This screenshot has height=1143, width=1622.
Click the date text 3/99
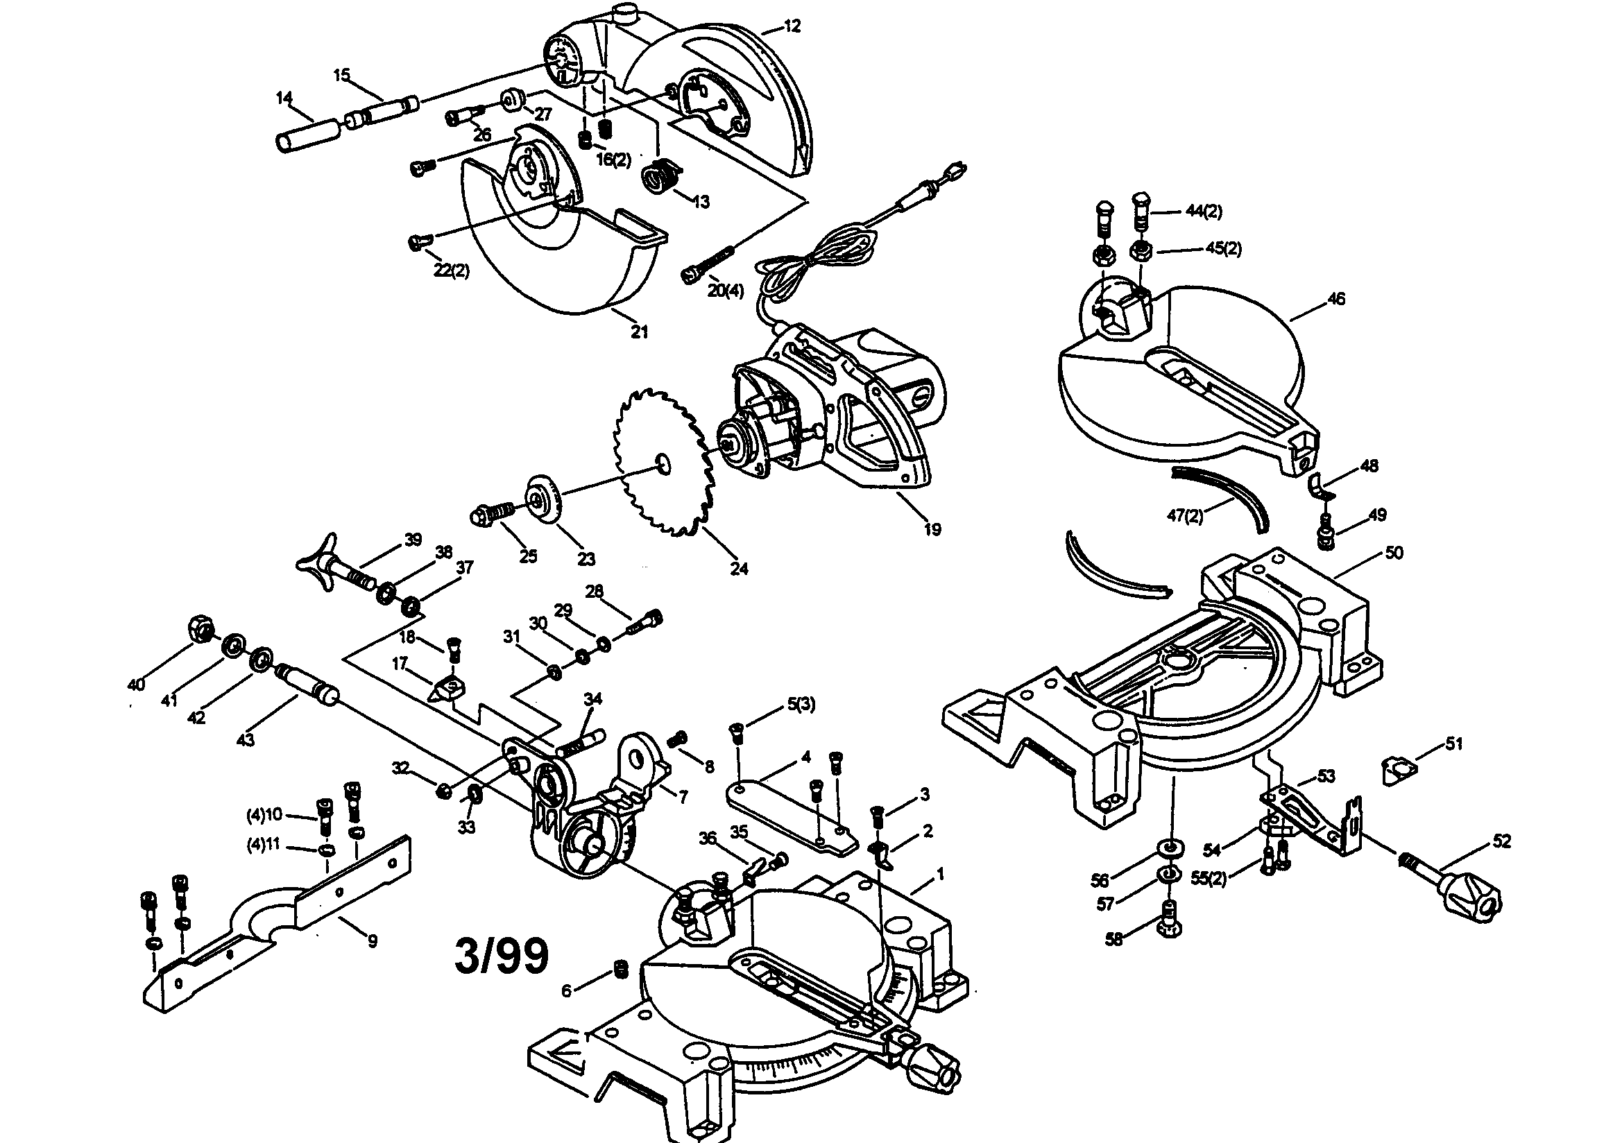click(501, 956)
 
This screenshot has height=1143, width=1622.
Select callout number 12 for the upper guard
click(793, 26)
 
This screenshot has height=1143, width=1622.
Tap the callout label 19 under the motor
click(932, 529)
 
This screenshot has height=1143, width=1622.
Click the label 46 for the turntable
click(1336, 299)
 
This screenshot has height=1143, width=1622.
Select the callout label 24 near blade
click(739, 568)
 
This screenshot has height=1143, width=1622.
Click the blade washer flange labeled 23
click(543, 501)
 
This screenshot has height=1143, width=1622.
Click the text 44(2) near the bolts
click(1204, 212)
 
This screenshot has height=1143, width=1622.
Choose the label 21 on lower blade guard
click(640, 332)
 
